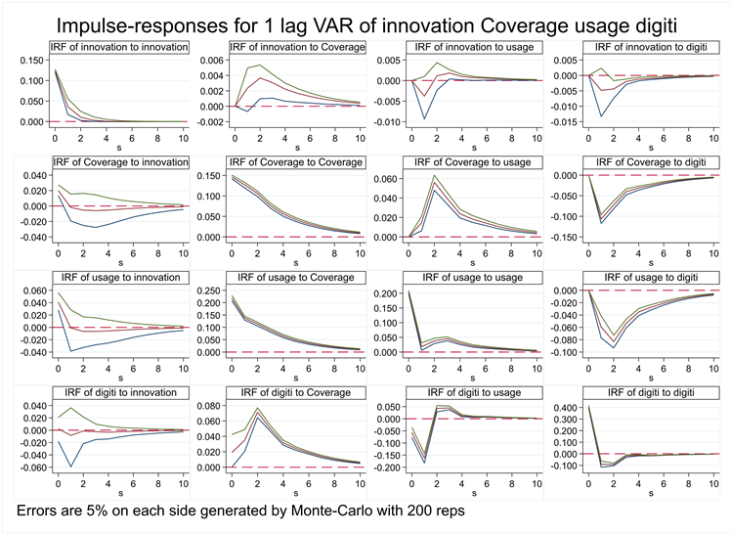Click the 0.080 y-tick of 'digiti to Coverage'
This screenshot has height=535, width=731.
(x=208, y=407)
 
